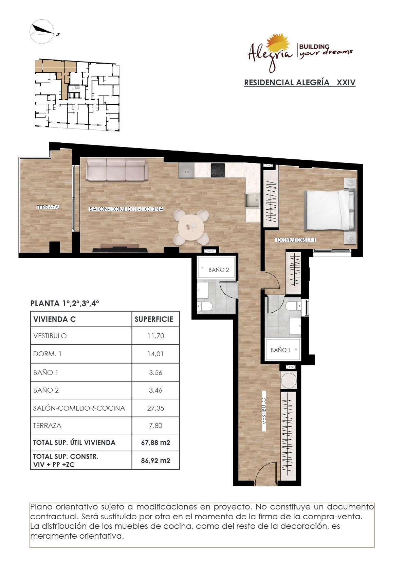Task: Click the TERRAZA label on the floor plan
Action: click(48, 207)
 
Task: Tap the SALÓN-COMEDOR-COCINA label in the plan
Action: click(126, 209)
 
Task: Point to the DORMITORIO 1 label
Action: click(296, 240)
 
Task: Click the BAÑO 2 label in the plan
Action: click(219, 270)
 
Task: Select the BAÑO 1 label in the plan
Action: click(280, 350)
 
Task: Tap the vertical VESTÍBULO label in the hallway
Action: click(264, 411)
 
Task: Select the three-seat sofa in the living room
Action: click(116, 170)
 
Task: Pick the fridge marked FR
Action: click(186, 170)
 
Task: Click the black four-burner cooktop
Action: click(218, 170)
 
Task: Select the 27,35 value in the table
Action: click(155, 408)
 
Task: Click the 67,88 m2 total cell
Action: click(155, 443)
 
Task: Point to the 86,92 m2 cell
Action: click(155, 461)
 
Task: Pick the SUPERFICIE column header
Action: click(154, 319)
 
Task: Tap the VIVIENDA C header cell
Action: click(55, 319)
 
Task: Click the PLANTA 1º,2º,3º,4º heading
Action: click(65, 304)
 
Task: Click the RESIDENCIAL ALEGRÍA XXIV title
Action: click(300, 83)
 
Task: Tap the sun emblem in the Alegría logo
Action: click(278, 45)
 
